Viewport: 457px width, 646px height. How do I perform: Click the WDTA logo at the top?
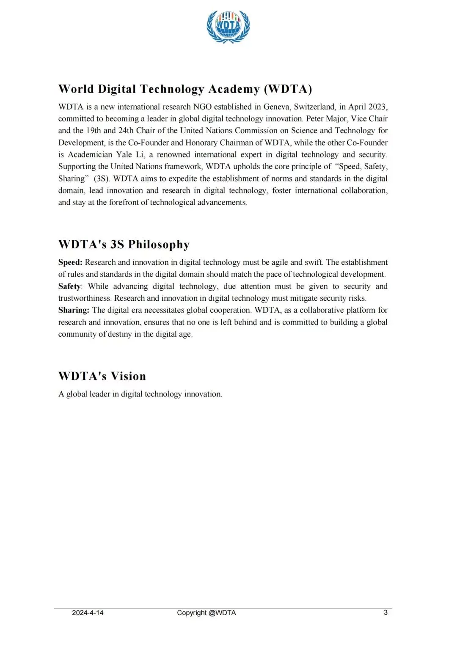[x=228, y=26]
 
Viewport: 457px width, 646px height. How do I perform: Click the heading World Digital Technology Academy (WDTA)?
[x=185, y=89]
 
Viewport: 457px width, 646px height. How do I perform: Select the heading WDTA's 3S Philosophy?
[x=124, y=245]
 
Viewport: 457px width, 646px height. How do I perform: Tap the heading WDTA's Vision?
[x=102, y=376]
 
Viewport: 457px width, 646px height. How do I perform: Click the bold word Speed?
[x=70, y=262]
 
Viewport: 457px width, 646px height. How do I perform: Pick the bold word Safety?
[x=69, y=286]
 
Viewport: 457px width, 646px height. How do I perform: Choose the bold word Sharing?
[x=74, y=310]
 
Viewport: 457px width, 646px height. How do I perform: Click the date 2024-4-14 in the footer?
[x=88, y=613]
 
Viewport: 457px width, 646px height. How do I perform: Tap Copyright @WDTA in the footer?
[x=206, y=613]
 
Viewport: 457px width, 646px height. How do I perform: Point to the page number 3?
[x=385, y=612]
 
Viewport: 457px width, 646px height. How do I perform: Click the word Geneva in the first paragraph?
[x=277, y=107]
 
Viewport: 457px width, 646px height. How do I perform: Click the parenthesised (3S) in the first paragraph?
[x=102, y=179]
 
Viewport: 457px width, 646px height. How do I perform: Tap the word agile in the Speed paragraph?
[x=280, y=262]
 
